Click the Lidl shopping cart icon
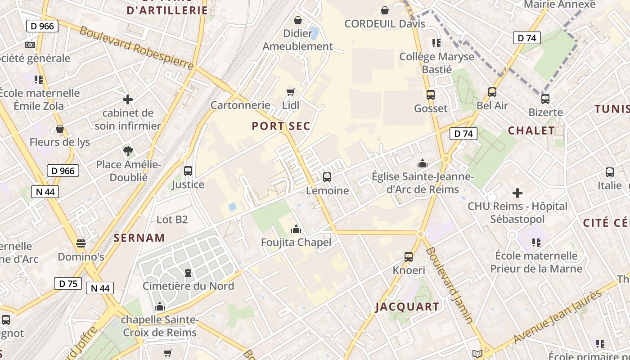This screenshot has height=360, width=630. point(290,92)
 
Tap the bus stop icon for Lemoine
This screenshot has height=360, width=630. point(327,177)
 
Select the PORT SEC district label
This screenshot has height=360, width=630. point(281,126)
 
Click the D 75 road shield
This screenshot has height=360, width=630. point(68,283)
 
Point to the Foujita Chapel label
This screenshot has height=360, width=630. point(296,243)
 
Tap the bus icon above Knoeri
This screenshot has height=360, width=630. point(409,257)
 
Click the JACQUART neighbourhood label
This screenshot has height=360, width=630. point(407,307)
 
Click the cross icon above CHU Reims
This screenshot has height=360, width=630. point(517,193)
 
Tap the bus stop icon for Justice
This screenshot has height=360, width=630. point(188,171)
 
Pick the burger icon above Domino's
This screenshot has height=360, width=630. point(81,243)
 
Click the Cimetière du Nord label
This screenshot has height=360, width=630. point(188,286)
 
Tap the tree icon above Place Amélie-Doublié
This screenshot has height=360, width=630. point(128,151)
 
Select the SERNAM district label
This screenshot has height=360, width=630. point(139,238)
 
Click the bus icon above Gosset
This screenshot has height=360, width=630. point(431,95)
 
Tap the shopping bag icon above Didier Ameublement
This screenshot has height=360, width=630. point(297,20)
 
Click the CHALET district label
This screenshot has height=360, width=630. point(531,130)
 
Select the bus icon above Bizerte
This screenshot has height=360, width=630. point(545,99)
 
